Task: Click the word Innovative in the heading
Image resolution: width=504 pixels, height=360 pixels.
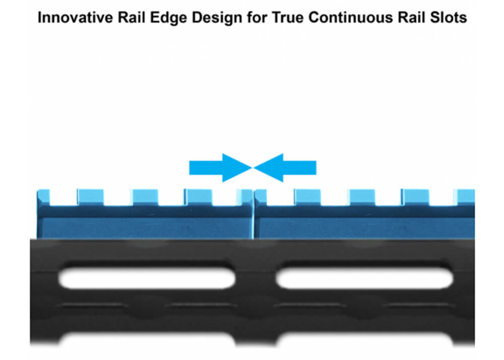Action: point(75,17)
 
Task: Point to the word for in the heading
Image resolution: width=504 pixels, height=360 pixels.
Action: point(257,17)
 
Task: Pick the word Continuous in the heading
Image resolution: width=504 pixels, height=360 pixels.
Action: point(351,17)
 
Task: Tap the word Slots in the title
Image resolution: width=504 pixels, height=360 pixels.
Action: point(449,17)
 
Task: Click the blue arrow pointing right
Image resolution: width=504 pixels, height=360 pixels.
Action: point(221,167)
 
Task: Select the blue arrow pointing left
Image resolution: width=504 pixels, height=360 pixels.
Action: point(285,167)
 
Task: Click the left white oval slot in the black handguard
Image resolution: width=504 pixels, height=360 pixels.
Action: point(147,278)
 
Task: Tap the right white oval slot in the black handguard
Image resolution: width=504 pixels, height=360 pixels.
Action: point(364,278)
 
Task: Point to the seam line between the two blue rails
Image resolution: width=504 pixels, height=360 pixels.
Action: point(254,214)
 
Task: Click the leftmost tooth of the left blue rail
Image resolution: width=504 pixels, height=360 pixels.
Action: point(43,197)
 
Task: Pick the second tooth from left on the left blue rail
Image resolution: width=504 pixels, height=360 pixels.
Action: point(91,197)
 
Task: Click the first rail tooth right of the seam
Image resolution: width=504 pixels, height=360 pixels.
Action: point(261,197)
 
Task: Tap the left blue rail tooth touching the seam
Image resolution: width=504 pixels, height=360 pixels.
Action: point(244,197)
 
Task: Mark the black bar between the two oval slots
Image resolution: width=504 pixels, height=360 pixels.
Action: point(256,278)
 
